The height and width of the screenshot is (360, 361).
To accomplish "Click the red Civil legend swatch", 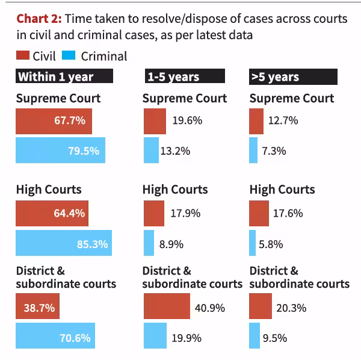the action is point(23,55).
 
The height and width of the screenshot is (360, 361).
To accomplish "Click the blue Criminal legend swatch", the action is point(69,55).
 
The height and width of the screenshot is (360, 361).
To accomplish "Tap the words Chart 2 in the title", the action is point(39,19).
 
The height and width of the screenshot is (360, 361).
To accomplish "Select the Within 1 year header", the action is point(64,76).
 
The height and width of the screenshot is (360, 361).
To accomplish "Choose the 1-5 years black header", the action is point(185,76).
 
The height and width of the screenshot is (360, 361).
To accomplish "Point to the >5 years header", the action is point(294,76).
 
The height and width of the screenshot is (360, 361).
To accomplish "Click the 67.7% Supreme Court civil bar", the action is point(54,122).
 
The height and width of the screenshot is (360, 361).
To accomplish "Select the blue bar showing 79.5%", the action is point(61,150).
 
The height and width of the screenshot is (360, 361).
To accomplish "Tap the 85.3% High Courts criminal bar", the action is point(64,243).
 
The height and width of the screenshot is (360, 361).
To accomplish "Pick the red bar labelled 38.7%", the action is point(37,306).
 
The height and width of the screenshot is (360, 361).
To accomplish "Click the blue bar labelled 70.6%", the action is point(55,335).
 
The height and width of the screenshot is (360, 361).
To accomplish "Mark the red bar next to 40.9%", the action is point(167,306).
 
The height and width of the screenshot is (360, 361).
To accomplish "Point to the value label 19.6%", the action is point(187,120).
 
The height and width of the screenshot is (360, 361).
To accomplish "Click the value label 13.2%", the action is point(175,151).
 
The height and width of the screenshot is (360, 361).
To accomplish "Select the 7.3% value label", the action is point(274,151).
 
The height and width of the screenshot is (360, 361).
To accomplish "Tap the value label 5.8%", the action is point(271,244).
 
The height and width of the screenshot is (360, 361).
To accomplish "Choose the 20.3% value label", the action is point(291,308).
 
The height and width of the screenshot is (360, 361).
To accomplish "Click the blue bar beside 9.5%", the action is point(255,335).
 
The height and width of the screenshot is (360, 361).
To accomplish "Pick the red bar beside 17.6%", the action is point(259,213).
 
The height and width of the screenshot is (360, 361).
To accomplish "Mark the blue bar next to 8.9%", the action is point(149,243).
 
